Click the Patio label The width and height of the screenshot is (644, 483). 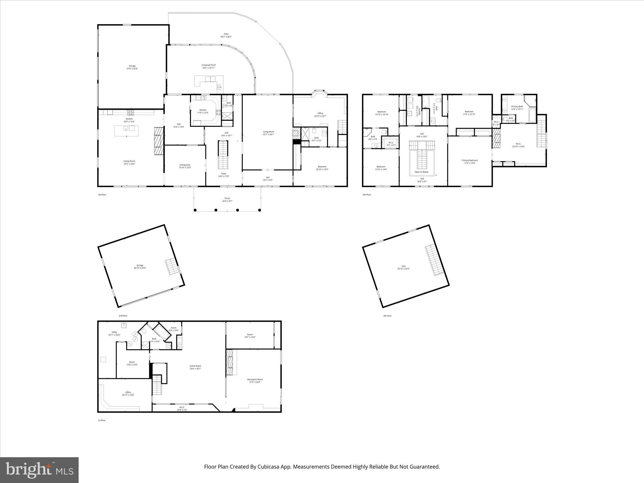(x=226, y=34)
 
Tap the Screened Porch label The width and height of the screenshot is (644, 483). (x=208, y=65)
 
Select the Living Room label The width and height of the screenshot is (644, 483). (x=269, y=132)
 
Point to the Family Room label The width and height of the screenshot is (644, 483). (x=129, y=161)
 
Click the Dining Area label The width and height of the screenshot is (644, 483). (x=185, y=165)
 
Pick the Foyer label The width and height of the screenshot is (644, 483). (x=224, y=174)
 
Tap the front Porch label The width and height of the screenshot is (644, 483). (x=227, y=198)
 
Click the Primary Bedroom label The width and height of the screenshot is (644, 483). (x=469, y=160)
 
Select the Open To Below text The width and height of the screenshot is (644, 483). (x=421, y=172)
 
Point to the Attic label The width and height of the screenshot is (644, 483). (x=403, y=266)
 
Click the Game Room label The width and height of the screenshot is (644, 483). (x=195, y=366)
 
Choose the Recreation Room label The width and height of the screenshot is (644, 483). (x=255, y=379)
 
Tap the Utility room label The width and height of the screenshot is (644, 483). (x=114, y=332)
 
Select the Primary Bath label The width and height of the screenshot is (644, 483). (x=517, y=106)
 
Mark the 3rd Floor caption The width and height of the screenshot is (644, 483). (x=102, y=195)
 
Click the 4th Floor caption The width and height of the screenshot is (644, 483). (x=387, y=316)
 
